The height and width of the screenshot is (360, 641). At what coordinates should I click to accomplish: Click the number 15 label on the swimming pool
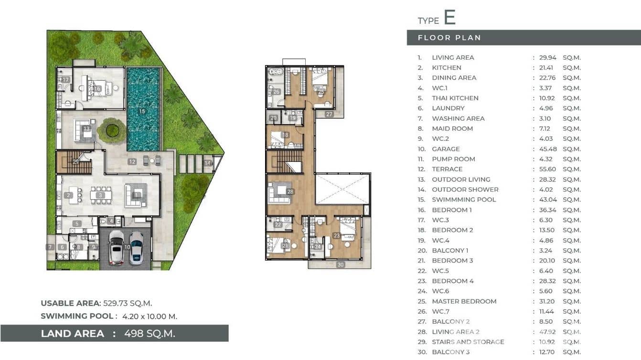142,111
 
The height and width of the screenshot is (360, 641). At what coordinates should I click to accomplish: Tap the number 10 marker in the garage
127,247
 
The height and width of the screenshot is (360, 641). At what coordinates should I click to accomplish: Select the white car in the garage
116,247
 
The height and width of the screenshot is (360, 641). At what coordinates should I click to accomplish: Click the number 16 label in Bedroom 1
97,89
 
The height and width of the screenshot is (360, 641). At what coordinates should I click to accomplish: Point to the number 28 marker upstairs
290,192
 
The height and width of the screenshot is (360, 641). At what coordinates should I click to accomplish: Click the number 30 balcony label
340,265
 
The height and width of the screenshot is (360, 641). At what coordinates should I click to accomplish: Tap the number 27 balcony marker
329,114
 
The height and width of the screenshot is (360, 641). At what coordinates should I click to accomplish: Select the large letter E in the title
449,18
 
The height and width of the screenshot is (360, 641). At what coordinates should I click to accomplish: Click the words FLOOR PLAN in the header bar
449,38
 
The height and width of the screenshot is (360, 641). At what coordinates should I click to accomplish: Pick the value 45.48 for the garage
547,149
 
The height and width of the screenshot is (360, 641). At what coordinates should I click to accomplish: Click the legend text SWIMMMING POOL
464,200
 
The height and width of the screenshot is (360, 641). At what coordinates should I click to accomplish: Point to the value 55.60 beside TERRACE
547,169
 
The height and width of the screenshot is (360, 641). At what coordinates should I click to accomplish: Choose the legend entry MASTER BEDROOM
464,301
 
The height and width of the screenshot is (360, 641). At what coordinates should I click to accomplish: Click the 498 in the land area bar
134,333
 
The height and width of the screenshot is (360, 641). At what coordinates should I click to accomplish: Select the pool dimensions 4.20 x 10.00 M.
150,316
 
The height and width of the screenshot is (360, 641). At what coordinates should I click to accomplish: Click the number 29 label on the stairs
76,162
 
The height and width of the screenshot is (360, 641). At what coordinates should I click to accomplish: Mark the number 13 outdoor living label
86,128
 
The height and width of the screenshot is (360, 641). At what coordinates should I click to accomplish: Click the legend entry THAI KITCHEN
455,98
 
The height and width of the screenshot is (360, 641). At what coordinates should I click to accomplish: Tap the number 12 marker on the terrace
132,162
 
